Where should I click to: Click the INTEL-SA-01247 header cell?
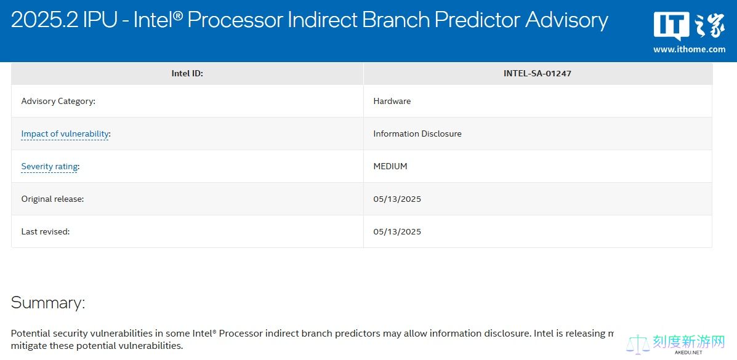538,73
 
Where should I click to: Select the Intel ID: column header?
187,73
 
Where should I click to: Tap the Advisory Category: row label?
58,101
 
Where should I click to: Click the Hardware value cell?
392,101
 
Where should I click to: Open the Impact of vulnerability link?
65,134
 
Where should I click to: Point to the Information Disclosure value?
417,134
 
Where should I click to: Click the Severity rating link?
49,166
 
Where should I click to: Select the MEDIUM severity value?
390,166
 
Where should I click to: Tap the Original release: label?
53,199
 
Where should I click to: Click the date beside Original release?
397,199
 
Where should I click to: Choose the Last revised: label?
46,231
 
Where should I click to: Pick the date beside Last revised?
397,231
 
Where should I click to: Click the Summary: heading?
48,302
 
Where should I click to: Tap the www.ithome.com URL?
689,49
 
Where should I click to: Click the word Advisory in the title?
566,20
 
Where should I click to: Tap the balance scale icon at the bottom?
638,344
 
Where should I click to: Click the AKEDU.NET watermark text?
688,352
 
